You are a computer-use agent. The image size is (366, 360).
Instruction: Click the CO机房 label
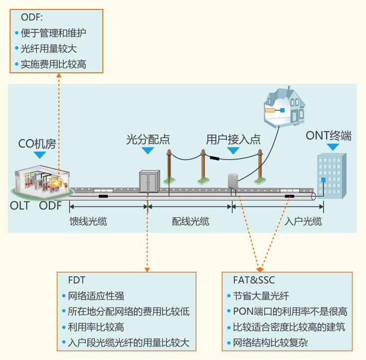tap(37, 145)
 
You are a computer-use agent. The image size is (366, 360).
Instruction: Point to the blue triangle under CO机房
tap(39, 155)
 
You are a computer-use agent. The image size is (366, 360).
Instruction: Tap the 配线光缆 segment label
tap(189, 221)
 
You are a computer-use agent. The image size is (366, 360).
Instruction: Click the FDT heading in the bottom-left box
tap(67, 280)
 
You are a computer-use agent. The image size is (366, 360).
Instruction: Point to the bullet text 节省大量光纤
tap(261, 296)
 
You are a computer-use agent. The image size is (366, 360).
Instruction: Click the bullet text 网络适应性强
tap(96, 296)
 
